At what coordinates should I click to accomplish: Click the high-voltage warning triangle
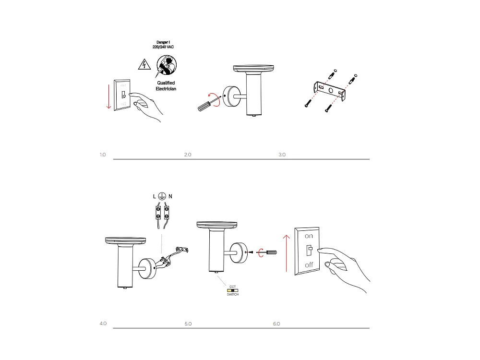[x=143, y=64]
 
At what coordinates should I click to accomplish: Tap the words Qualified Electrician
[x=166, y=86]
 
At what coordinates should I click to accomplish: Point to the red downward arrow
[x=109, y=96]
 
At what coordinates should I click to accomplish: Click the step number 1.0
[x=103, y=155]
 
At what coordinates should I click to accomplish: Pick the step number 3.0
[x=282, y=155]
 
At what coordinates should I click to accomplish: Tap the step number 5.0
[x=188, y=324]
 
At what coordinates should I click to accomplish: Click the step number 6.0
[x=276, y=324]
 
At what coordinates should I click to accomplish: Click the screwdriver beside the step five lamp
[x=269, y=252]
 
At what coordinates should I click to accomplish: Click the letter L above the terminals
[x=154, y=197]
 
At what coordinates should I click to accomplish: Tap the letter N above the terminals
[x=170, y=197]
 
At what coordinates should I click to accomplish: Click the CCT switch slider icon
[x=233, y=290]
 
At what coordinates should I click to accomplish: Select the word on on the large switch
[x=309, y=236]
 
